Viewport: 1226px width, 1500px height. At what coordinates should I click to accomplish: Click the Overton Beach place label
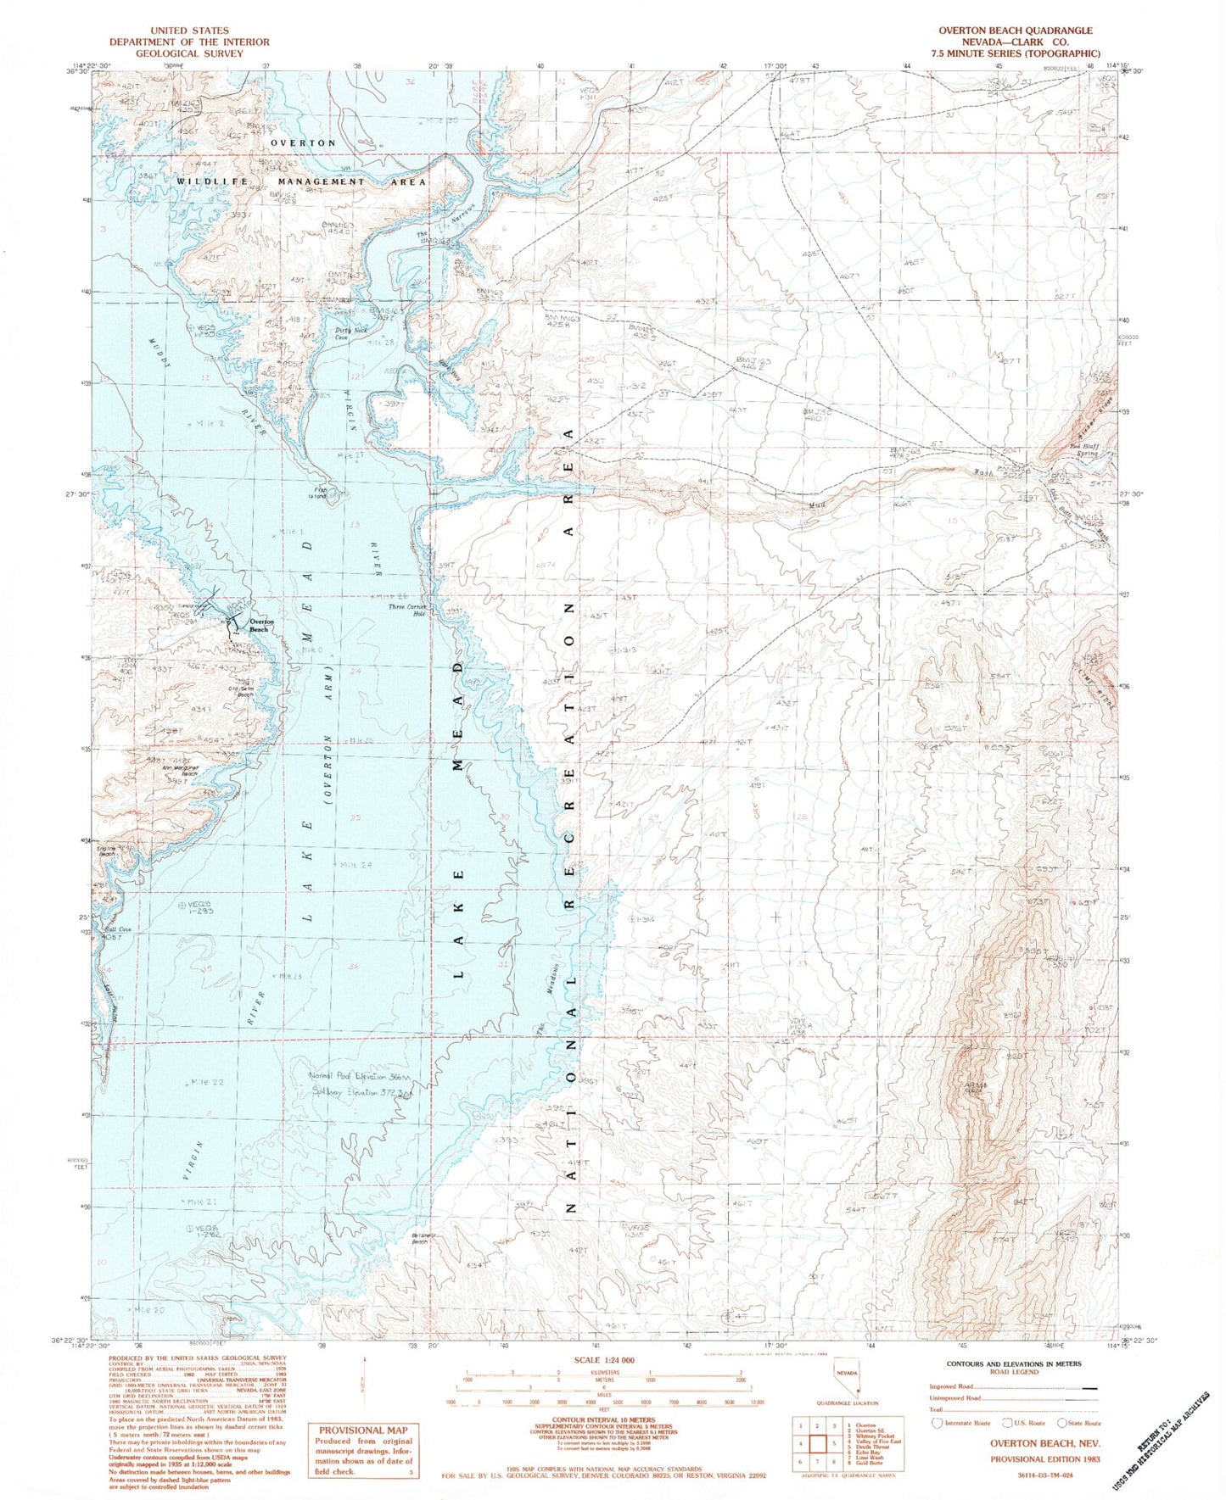(x=260, y=626)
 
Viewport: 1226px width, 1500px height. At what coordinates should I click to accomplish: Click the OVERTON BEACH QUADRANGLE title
(x=1015, y=30)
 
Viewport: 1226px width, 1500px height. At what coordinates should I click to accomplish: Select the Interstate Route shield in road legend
(x=938, y=1422)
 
